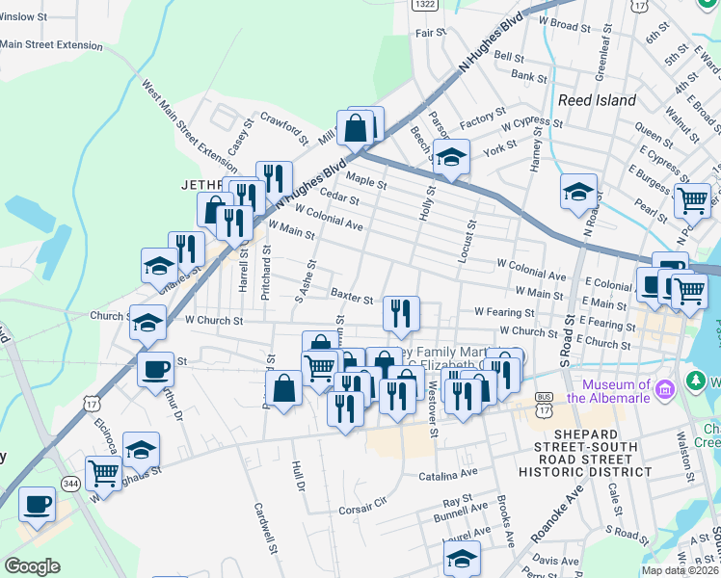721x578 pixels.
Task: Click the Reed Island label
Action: point(597,100)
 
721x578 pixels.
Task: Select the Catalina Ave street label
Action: point(447,475)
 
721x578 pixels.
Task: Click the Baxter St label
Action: point(351,296)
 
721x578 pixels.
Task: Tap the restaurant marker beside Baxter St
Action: point(401,312)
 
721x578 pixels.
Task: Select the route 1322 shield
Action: point(423,5)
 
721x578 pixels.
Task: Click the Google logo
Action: point(32,566)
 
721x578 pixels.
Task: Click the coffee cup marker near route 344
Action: point(38,504)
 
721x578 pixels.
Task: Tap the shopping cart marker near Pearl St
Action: point(692,199)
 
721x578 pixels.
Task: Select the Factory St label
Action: point(476,116)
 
